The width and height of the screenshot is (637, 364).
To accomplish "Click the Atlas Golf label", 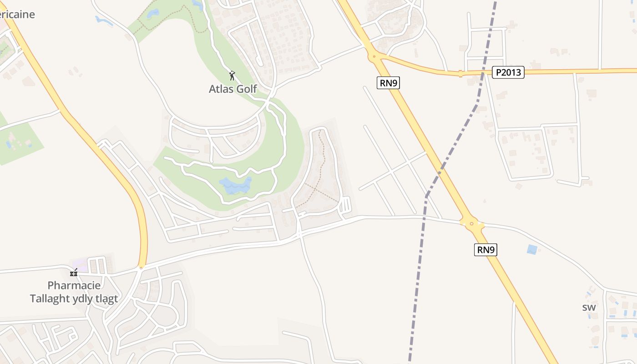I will tap(233, 89).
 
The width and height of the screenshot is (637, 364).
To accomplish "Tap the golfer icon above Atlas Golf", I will tap(232, 76).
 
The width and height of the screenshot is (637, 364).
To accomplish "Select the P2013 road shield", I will tap(508, 72).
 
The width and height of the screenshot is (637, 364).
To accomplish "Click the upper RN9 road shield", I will tap(388, 83).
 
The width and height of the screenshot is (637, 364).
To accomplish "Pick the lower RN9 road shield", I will tap(485, 250).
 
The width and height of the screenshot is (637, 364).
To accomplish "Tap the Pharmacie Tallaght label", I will tap(74, 292).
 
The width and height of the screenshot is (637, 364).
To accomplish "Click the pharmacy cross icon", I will tap(74, 273).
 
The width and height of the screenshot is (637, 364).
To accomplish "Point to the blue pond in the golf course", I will tap(235, 185).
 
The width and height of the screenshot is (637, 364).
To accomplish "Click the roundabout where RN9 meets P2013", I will tap(374, 57).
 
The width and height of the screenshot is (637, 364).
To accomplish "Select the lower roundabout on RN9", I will tap(471, 223).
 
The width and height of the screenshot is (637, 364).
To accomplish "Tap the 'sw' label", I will tap(589, 308).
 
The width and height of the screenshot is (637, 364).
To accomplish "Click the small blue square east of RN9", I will tap(531, 249).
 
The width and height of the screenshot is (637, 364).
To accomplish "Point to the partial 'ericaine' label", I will tap(17, 14).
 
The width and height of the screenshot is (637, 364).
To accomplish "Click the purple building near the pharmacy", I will tap(79, 265).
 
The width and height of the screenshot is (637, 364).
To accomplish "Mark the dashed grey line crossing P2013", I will tap(484, 72).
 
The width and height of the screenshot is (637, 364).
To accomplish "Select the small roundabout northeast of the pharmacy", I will tap(141, 268).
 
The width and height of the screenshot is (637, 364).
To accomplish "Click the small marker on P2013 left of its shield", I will tap(460, 73).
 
